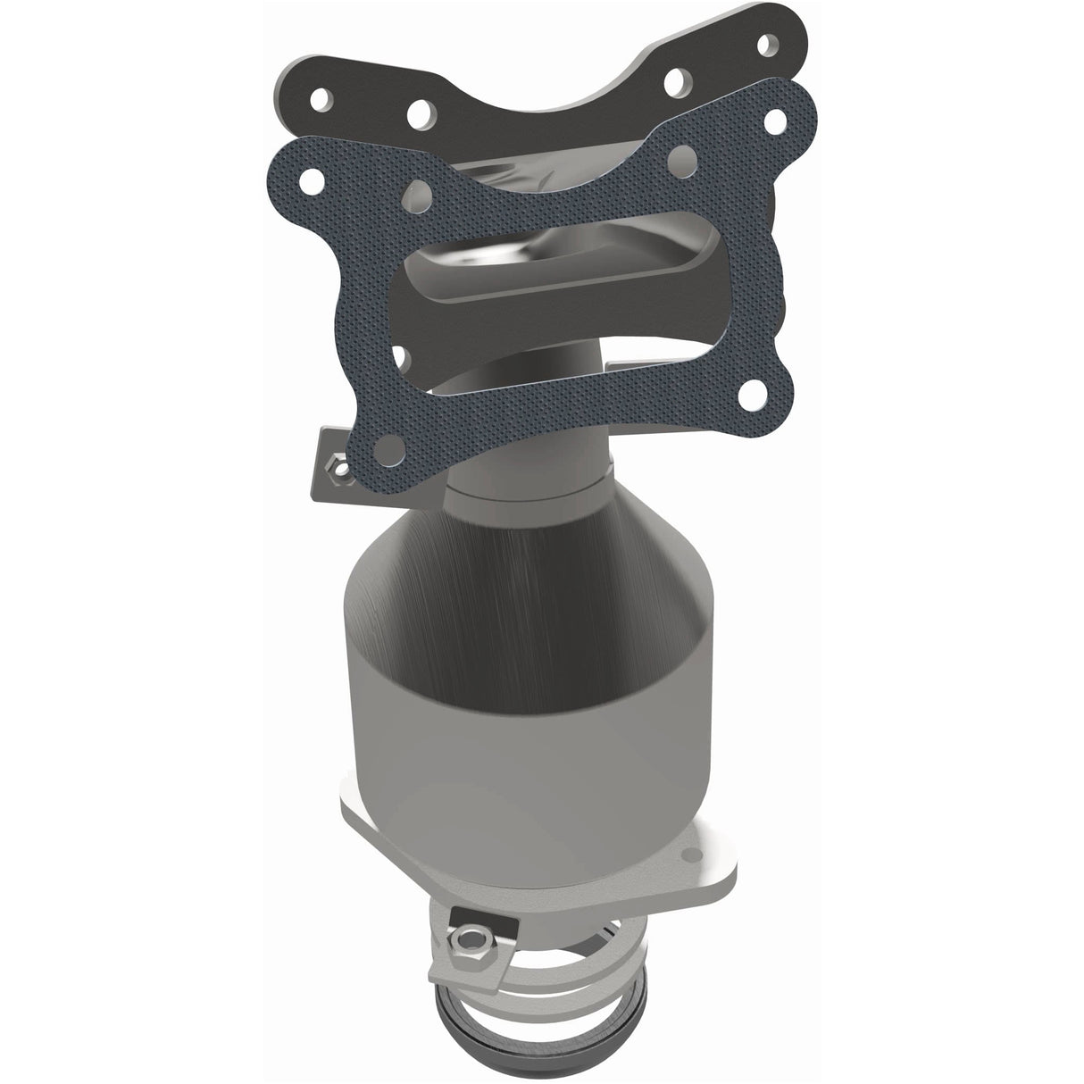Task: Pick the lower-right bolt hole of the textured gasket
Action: click(755, 391)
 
